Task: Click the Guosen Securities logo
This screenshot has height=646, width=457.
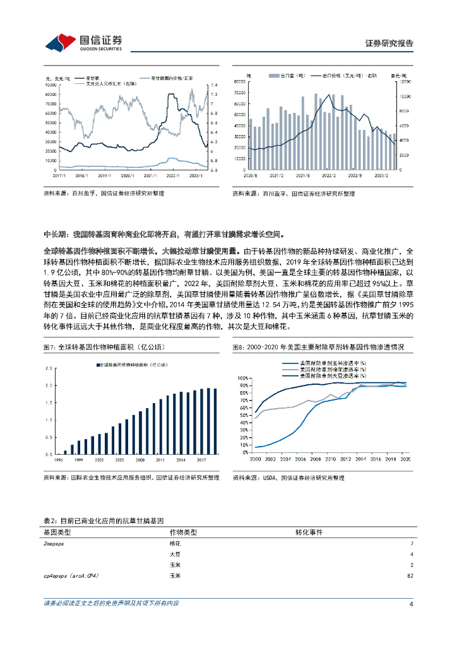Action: pos(83,42)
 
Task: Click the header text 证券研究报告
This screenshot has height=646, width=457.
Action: pos(389,44)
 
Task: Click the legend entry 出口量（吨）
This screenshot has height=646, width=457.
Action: pos(291,75)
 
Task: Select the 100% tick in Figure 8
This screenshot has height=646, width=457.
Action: pos(244,378)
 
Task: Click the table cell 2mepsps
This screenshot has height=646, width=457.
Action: pos(55,543)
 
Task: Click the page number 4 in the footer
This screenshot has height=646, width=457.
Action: pos(411,604)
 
